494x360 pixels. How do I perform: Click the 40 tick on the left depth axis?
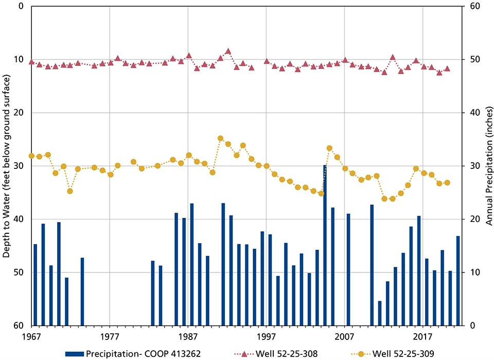[x=20, y=219]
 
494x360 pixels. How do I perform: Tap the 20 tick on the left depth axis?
[x=20, y=113]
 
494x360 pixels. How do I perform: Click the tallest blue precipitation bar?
[x=325, y=245]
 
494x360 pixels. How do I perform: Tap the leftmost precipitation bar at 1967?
[x=36, y=285]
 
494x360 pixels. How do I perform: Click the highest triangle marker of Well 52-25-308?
[x=228, y=51]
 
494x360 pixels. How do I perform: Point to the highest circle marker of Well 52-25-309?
[x=220, y=138]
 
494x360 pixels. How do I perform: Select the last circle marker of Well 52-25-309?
[x=447, y=183]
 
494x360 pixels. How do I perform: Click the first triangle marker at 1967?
[x=32, y=62]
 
